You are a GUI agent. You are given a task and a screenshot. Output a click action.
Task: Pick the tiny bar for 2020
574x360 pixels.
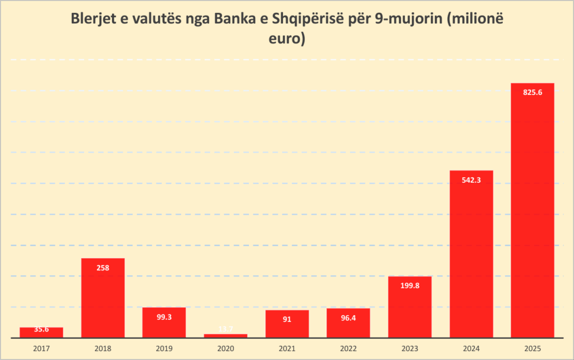point(225,336)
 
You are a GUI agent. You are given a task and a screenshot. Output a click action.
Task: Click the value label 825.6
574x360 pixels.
point(532,93)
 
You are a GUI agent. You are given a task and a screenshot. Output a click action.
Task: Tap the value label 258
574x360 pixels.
point(103,268)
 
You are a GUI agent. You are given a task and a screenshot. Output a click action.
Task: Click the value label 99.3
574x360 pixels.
point(164,317)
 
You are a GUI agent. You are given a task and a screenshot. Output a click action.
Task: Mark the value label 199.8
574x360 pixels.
point(410,287)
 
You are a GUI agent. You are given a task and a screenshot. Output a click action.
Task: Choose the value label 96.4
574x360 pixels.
point(348,318)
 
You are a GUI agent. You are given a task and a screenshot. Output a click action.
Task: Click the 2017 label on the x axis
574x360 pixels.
point(41,348)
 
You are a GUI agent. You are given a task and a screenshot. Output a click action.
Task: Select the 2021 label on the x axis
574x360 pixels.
point(287,348)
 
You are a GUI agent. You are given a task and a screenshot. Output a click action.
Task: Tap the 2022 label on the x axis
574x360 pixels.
point(348,348)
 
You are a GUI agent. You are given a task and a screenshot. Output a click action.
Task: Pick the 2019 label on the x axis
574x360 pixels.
point(164,348)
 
